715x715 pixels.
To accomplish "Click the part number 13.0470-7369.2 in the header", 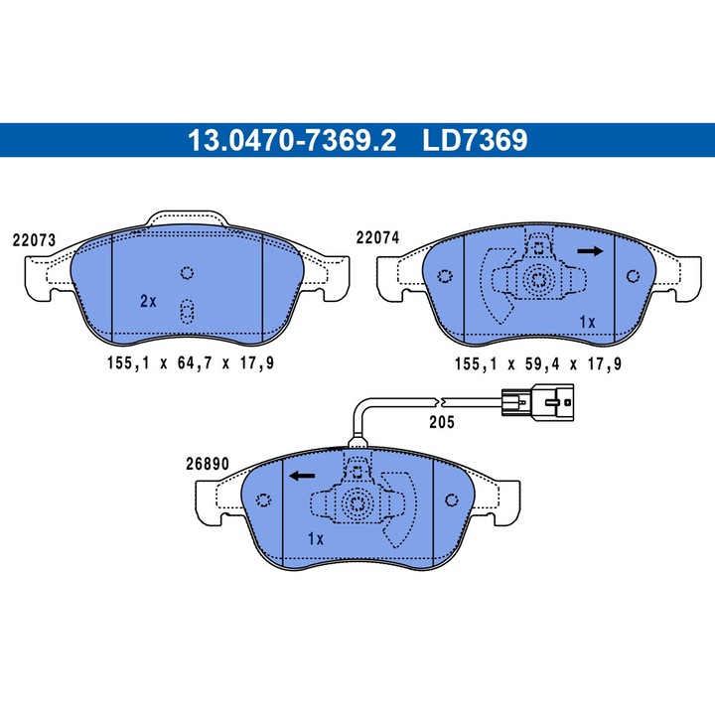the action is tap(292, 140).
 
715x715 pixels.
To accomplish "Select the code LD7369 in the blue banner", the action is tap(475, 140).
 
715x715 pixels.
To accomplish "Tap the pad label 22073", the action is tap(34, 240).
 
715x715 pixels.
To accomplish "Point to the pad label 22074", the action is tap(377, 237).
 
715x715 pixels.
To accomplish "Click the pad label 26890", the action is tap(208, 464).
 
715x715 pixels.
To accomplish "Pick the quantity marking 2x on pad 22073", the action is tap(148, 301).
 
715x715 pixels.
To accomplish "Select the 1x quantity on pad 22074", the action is tap(587, 323).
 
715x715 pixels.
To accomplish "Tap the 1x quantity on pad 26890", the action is tap(316, 539).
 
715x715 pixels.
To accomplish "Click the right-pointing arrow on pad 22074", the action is tap(590, 251).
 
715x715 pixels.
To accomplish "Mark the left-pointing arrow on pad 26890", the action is tap(302, 477).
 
